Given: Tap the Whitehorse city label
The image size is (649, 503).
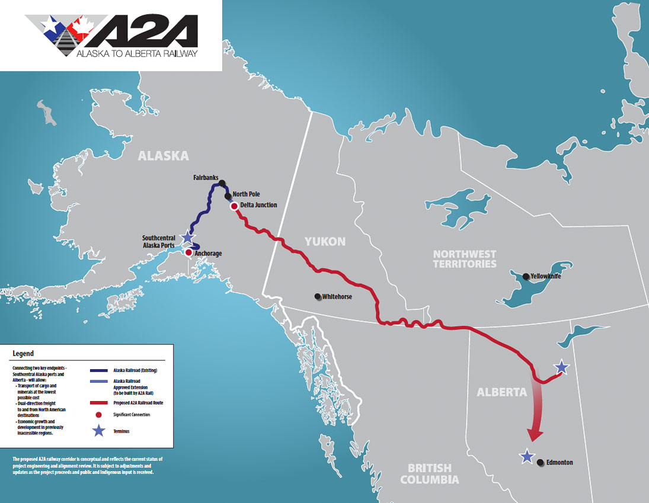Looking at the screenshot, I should [337, 296].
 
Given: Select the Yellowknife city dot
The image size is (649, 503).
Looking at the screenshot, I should [525, 276].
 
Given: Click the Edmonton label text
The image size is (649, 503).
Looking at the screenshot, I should [560, 462].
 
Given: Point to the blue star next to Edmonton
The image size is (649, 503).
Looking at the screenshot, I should [526, 456].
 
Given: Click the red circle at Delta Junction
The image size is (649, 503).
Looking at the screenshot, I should [235, 206].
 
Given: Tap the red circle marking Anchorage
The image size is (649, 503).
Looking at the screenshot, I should [188, 252].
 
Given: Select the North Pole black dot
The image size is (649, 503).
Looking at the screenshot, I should [228, 196].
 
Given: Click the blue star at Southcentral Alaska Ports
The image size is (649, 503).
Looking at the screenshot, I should [187, 237].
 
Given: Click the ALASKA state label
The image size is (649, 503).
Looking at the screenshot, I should [163, 156].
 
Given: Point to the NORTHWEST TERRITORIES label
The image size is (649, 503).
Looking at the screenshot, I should [464, 259].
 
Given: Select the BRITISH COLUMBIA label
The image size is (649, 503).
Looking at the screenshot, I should [429, 473].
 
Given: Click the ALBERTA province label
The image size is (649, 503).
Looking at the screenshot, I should [501, 392].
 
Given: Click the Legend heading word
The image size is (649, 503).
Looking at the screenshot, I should [23, 354].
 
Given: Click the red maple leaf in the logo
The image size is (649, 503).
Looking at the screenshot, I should [82, 25].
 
